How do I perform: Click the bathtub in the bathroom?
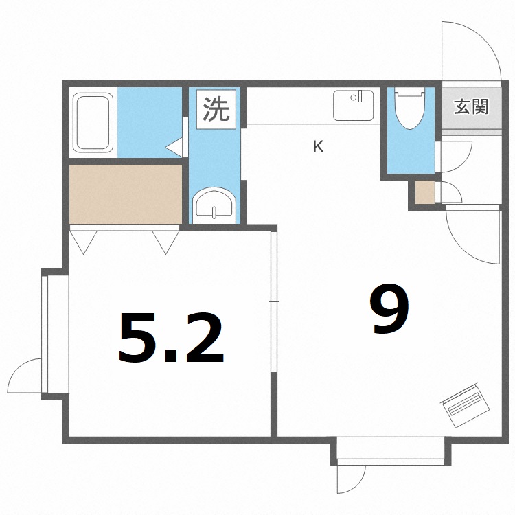tap(95, 122)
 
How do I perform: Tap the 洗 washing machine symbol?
tap(215, 109)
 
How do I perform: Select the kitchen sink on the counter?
tap(354, 105)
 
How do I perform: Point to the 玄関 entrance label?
tap(471, 108)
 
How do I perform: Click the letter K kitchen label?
tap(318, 146)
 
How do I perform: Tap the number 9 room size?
tap(390, 310)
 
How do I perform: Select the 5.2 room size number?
tap(171, 339)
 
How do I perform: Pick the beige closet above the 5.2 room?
tap(126, 193)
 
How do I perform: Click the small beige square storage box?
tap(425, 192)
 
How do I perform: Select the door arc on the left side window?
tap(26, 377)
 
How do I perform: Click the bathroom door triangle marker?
tap(174, 146)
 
